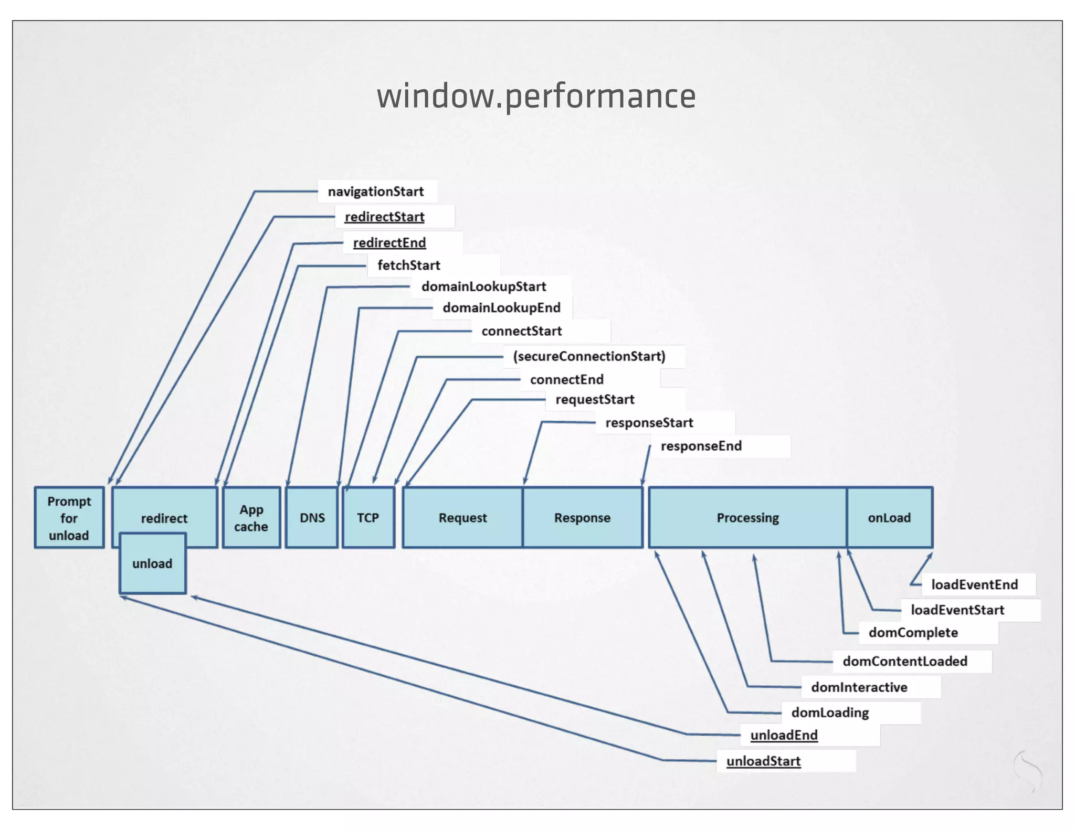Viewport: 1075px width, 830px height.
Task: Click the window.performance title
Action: (536, 97)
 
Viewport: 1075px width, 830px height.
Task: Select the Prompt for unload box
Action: (69, 518)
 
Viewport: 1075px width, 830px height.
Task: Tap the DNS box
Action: (312, 518)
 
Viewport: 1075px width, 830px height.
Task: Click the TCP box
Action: (368, 518)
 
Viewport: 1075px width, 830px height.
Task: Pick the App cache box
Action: (251, 518)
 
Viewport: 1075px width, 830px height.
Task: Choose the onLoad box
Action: (889, 518)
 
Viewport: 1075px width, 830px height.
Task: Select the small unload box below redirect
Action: (152, 563)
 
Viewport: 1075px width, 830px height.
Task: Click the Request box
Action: (462, 518)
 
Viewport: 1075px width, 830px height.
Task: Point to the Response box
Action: (582, 518)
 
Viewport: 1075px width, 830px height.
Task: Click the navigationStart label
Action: (376, 191)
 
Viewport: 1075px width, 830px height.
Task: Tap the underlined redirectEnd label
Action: (389, 242)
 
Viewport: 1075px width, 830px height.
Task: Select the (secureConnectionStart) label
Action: (589, 356)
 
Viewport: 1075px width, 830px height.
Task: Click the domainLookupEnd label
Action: (501, 307)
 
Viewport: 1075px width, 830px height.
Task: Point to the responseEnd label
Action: (701, 446)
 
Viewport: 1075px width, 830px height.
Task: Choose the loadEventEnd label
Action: (974, 584)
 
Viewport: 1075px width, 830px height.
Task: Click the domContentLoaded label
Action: (905, 661)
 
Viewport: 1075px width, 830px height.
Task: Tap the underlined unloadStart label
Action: (763, 761)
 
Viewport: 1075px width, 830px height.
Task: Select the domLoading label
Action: (830, 712)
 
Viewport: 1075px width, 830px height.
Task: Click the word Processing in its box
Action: (747, 518)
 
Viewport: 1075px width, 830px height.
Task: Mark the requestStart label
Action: (595, 400)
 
